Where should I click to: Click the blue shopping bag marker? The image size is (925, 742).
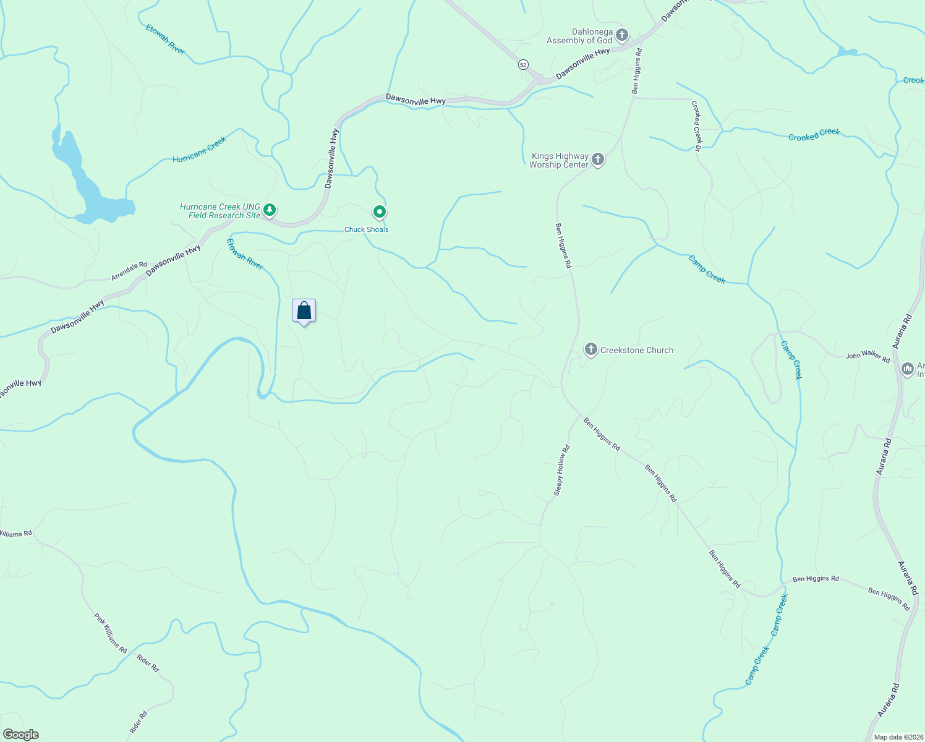click(x=304, y=310)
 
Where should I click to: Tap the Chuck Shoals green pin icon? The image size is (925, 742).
click(x=380, y=212)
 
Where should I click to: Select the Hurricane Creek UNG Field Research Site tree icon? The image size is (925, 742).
click(x=270, y=210)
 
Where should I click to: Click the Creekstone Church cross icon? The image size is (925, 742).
click(x=590, y=349)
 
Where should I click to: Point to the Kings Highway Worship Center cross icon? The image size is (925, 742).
click(x=597, y=159)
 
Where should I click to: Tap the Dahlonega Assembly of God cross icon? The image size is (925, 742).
click(x=622, y=35)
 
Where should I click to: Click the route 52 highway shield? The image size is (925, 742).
click(x=523, y=64)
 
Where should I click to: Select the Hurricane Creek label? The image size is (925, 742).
click(x=200, y=150)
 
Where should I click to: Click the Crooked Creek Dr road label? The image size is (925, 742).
click(x=697, y=126)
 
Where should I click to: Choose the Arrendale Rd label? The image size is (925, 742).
click(x=129, y=271)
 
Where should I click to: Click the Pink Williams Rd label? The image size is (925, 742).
click(x=110, y=633)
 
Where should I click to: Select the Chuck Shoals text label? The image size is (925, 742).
click(x=367, y=229)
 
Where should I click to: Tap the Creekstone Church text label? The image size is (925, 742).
click(x=637, y=350)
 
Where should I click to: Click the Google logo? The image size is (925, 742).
click(x=20, y=735)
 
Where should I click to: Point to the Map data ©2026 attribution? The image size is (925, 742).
click(x=898, y=737)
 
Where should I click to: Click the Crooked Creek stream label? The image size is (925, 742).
click(x=814, y=134)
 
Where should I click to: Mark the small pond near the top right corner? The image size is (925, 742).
click(x=847, y=52)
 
